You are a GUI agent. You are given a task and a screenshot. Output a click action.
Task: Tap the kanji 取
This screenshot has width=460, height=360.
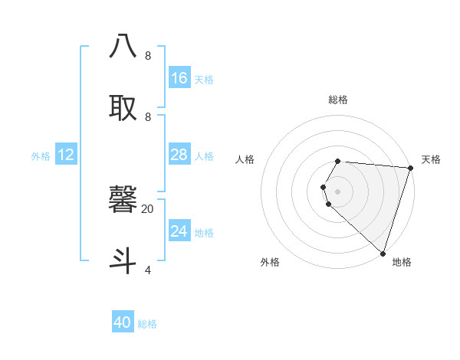(x=123, y=107)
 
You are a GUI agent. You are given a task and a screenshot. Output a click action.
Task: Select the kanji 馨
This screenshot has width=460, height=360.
(x=123, y=199)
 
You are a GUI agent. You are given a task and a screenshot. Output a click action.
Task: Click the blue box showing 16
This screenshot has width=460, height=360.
(x=179, y=78)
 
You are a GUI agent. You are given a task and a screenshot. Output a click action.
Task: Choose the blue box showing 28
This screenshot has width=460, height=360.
(x=179, y=155)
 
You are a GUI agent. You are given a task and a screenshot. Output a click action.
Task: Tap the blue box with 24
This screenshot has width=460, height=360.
(x=179, y=231)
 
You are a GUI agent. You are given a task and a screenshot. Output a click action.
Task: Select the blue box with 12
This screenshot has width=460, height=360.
(x=66, y=155)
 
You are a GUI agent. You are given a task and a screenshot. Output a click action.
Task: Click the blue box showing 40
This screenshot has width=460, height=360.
(x=123, y=322)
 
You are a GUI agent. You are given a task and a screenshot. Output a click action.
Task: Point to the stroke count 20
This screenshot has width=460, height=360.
(x=147, y=208)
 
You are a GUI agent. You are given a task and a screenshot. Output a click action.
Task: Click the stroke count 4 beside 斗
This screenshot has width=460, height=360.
(x=147, y=270)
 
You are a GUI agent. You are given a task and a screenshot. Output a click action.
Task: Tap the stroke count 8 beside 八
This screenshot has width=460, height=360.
(x=147, y=56)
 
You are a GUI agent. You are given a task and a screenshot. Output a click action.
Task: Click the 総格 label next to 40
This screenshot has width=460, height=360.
(x=147, y=324)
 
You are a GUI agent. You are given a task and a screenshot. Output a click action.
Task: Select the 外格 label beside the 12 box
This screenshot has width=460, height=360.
(x=41, y=156)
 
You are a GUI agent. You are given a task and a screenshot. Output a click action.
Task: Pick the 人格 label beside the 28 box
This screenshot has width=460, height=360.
(x=204, y=156)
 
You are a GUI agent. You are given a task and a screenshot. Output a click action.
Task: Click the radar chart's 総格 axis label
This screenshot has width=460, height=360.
(x=337, y=100)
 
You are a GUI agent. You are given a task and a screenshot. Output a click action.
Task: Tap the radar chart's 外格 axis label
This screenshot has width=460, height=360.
(x=270, y=262)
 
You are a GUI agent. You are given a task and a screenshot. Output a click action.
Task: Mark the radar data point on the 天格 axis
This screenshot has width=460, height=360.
(x=410, y=169)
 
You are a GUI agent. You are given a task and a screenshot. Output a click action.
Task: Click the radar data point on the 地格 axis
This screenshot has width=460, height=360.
(x=383, y=253)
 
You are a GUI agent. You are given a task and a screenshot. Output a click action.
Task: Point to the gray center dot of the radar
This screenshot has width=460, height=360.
(x=337, y=191)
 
